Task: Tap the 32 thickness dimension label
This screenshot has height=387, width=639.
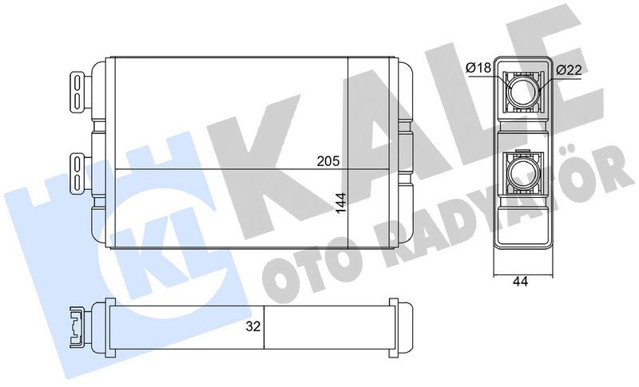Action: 252,326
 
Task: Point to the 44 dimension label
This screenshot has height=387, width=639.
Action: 521,281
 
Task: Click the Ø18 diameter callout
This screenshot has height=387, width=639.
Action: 478,69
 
